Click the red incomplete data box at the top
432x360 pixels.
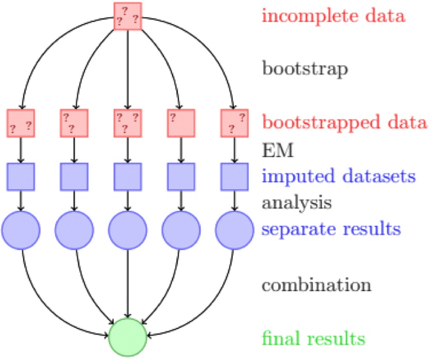coord(127,16)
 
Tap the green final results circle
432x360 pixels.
coord(127,335)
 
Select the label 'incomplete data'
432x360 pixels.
coord(333,16)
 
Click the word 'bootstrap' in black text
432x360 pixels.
coord(305,69)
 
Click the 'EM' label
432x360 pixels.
coord(277,150)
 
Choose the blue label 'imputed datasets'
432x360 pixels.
coord(338,176)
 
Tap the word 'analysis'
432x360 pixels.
coord(296,203)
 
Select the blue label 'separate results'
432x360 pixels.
coord(331,229)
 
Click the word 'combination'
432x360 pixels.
coord(316,285)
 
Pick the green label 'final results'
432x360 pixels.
coord(313,338)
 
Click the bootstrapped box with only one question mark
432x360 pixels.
coord(181,123)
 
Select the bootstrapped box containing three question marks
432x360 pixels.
coord(127,123)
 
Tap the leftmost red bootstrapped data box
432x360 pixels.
coord(21,123)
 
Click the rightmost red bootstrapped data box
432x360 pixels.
coord(234,123)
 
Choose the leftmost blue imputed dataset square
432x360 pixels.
coord(21,176)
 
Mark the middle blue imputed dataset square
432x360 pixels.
coord(127,176)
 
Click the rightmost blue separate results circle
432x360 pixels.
coord(234,229)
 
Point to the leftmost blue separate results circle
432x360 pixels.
coord(21,229)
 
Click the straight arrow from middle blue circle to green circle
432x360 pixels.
coord(127,281)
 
